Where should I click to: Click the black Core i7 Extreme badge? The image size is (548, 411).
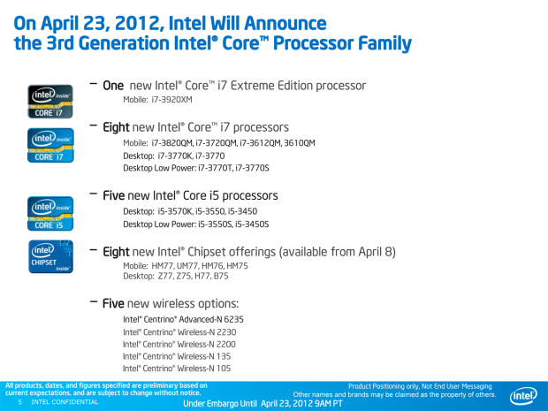(x=50, y=102)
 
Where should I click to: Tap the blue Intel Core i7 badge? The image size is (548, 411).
(x=50, y=145)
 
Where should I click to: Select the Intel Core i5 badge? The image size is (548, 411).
(x=50, y=214)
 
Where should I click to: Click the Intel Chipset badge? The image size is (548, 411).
(x=50, y=256)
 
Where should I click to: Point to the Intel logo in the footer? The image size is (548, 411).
(x=523, y=396)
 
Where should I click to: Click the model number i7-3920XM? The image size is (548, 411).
(x=172, y=100)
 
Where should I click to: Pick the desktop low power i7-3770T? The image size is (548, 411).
(x=216, y=169)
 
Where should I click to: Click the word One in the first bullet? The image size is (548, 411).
(x=113, y=86)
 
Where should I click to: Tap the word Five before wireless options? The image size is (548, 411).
(x=113, y=303)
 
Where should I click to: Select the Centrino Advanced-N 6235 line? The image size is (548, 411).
(x=183, y=319)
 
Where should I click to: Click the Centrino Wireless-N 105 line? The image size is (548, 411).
(x=177, y=369)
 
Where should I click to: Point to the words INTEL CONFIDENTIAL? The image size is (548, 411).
(x=65, y=402)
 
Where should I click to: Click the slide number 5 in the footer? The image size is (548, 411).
(x=20, y=402)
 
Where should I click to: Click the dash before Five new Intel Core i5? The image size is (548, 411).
(x=94, y=194)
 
